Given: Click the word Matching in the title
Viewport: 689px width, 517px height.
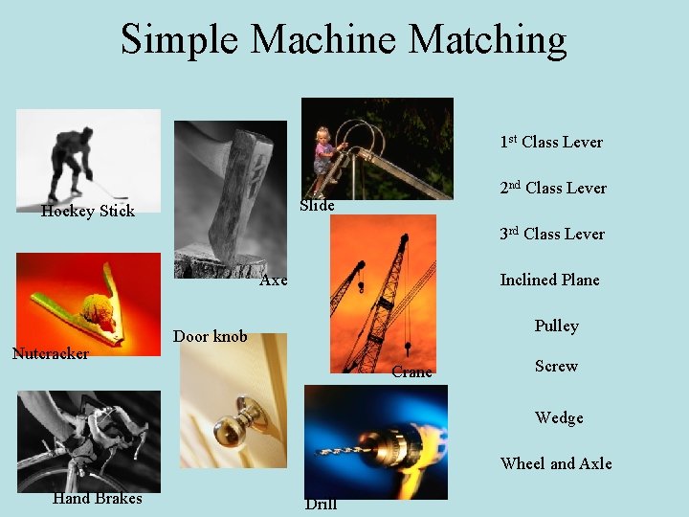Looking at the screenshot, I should point(487,40).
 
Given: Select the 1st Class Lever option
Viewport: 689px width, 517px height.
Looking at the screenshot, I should point(551,143).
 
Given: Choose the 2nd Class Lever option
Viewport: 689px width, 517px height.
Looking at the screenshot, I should point(553,189).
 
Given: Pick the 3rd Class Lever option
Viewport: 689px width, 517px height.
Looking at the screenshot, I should point(552,235).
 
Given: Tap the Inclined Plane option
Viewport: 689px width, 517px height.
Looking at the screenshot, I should point(549,281).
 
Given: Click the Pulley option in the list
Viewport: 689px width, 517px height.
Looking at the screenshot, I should point(556,326).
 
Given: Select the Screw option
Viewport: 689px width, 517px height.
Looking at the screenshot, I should point(556,367).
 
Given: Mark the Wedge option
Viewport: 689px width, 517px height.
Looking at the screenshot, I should point(559,418).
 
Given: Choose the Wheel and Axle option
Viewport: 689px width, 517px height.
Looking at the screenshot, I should point(556,464).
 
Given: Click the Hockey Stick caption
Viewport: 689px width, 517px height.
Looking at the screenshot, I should point(88,212).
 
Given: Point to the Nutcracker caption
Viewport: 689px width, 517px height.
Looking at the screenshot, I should point(50,354).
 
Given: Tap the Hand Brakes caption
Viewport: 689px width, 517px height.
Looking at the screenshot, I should point(97,499).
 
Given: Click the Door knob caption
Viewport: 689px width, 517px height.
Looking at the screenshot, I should point(210,336).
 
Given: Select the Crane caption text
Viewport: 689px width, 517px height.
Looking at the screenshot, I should point(411,372).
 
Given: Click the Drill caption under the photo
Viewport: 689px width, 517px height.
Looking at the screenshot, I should point(321,505).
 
